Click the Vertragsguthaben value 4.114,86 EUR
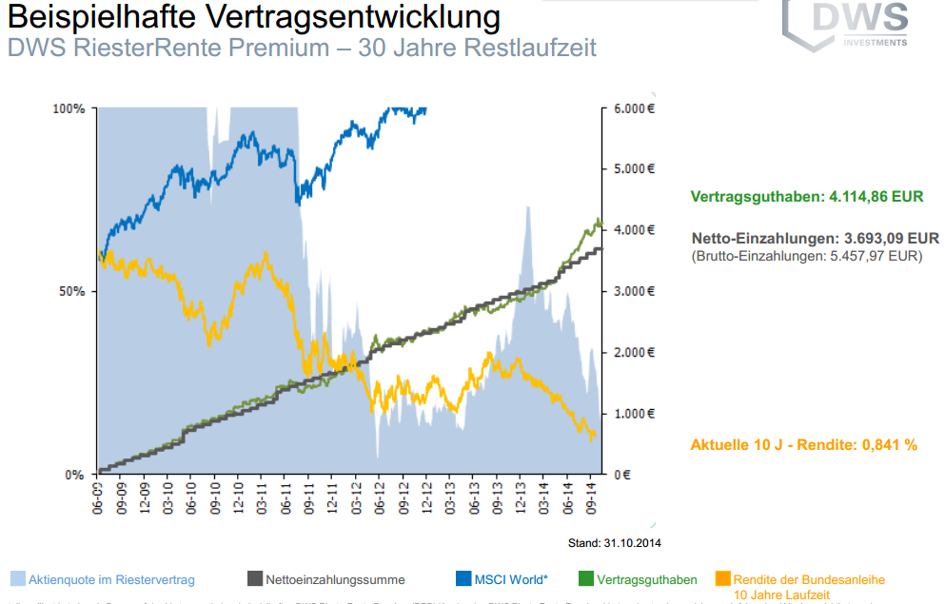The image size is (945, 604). click(876, 197)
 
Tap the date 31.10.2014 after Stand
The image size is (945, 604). click(631, 543)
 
